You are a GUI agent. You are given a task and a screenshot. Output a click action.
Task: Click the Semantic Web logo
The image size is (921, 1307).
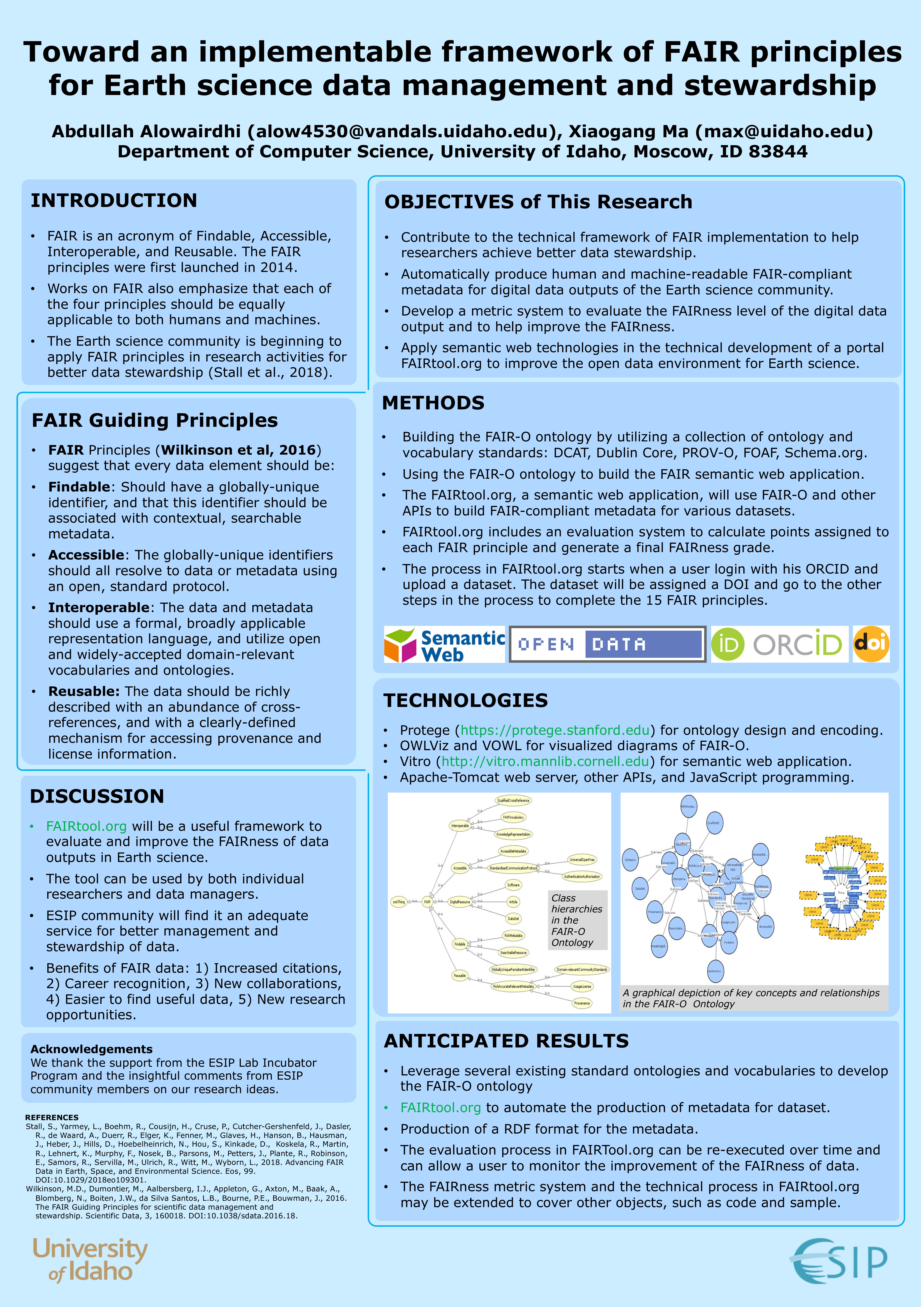(x=444, y=644)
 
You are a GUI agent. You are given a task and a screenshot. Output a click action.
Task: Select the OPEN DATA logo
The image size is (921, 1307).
(x=608, y=644)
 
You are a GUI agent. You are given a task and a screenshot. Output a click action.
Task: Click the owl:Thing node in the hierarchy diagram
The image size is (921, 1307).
(x=399, y=902)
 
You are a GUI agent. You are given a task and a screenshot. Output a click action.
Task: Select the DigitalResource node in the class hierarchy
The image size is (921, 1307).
(x=460, y=902)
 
